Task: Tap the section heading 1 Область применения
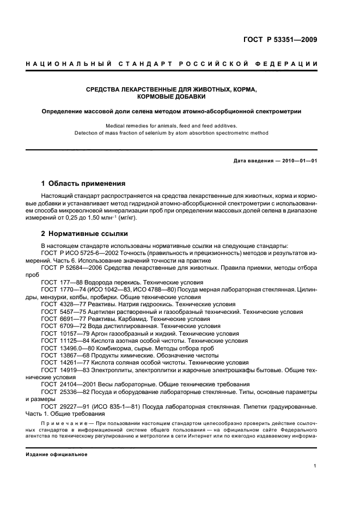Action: pyautogui.click(x=83, y=184)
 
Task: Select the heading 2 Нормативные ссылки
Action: pyautogui.click(x=85, y=234)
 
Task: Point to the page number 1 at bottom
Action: pyautogui.click(x=315, y=466)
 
